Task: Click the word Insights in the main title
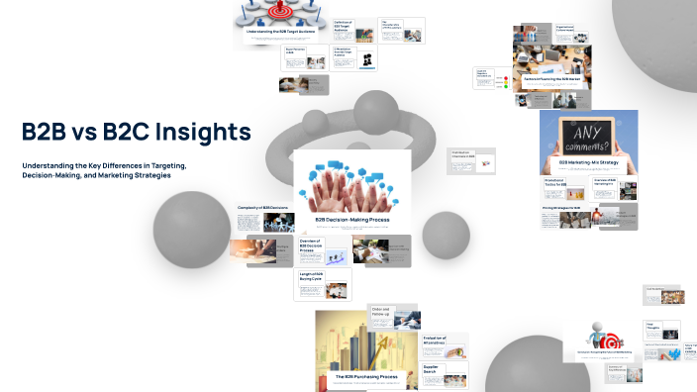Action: pyautogui.click(x=196, y=133)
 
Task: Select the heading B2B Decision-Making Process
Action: pyautogui.click(x=353, y=219)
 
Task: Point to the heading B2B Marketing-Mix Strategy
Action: pyautogui.click(x=588, y=161)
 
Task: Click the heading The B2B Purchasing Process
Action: pyautogui.click(x=364, y=377)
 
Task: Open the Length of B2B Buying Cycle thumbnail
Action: pyautogui.click(x=323, y=283)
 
